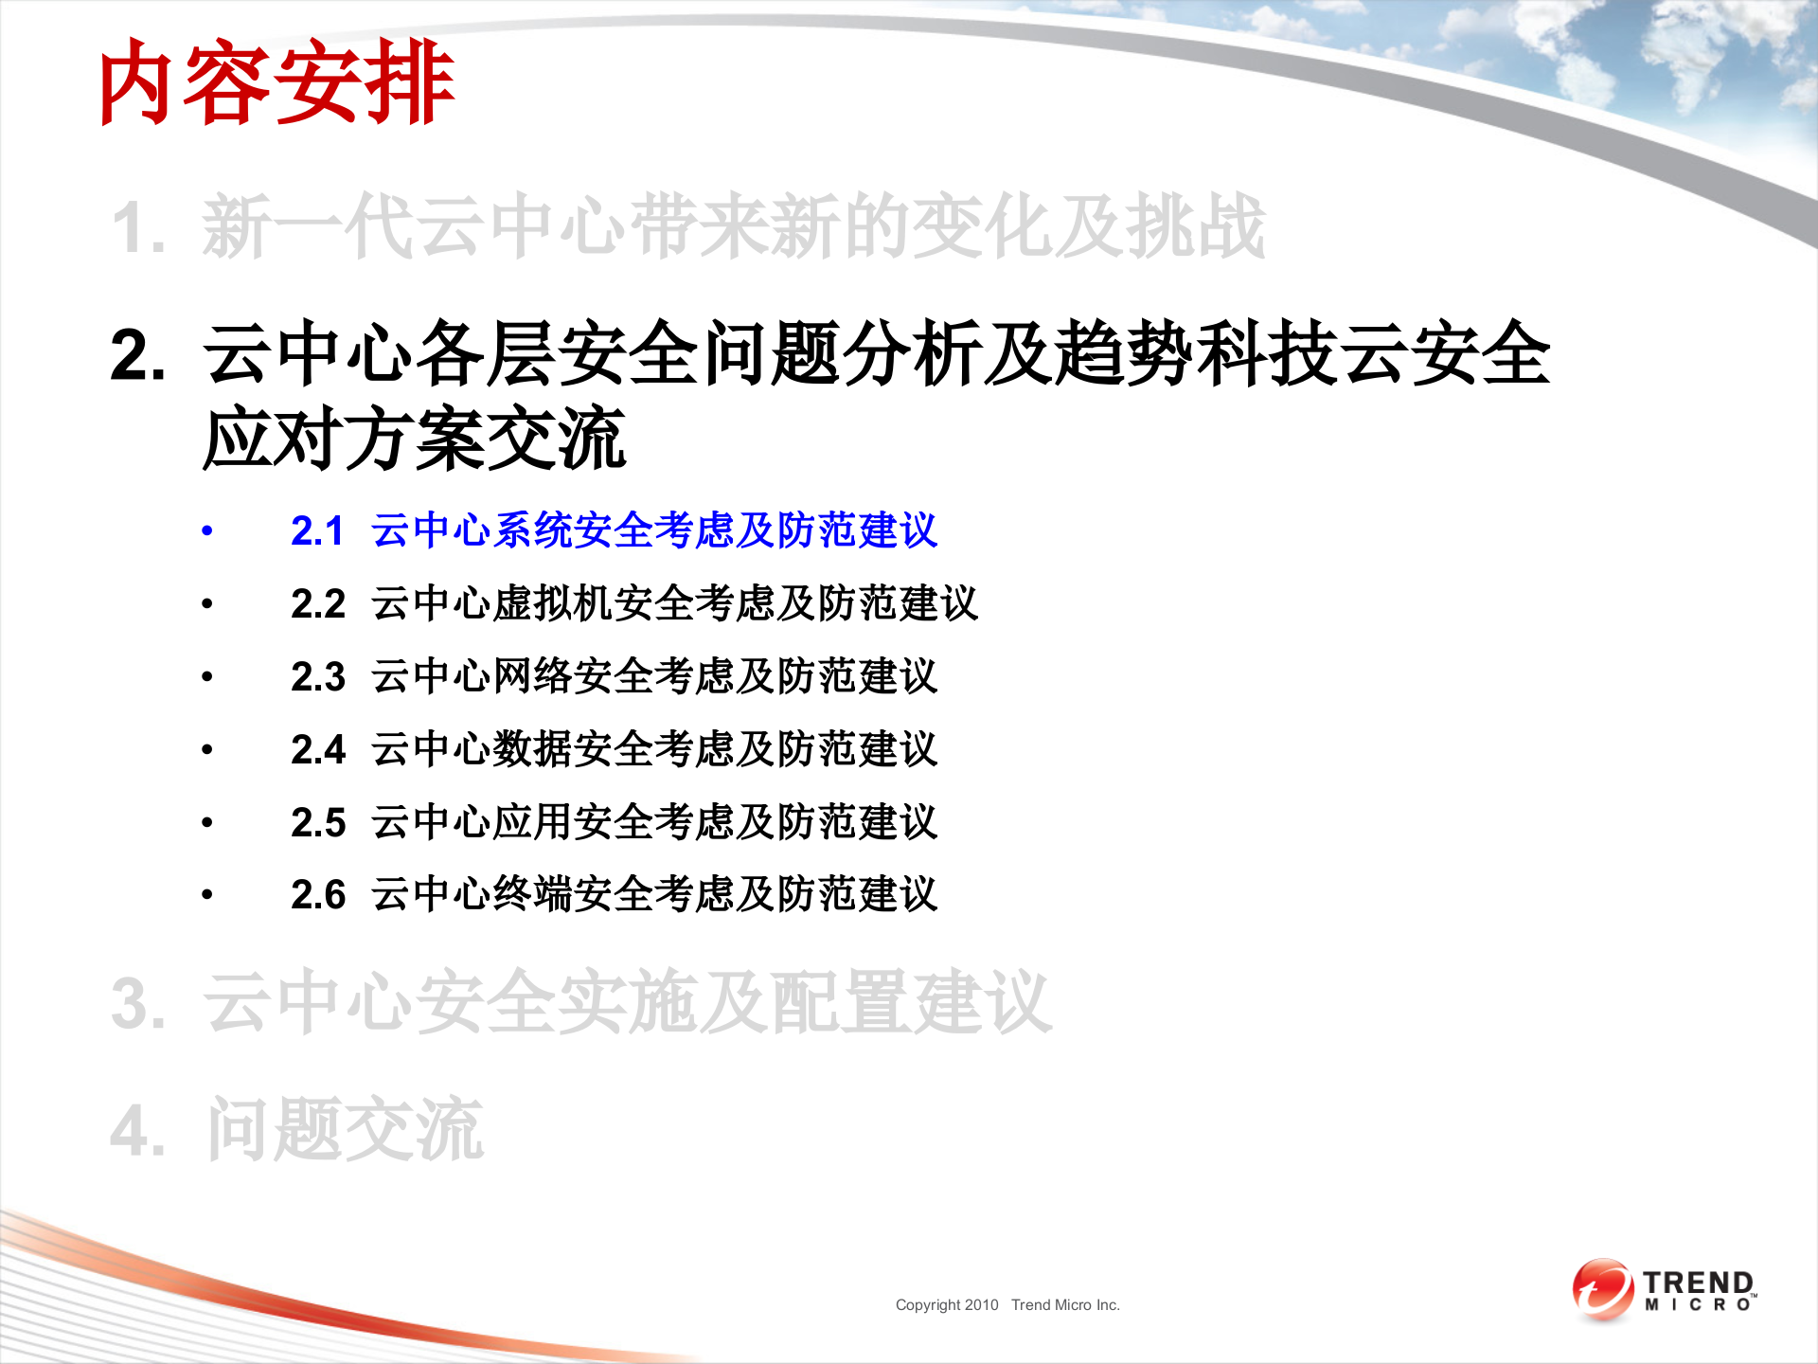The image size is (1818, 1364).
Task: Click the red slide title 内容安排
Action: click(276, 83)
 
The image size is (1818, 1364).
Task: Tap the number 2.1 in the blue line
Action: click(317, 531)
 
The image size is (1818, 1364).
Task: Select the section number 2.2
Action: click(317, 604)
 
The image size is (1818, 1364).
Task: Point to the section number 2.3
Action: click(317, 677)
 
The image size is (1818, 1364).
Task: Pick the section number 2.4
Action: click(317, 750)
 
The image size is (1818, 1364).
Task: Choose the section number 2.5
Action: click(317, 823)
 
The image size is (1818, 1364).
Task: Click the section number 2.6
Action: click(317, 895)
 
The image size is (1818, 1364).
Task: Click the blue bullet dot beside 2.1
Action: click(207, 531)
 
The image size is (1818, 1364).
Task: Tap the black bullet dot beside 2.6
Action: click(207, 895)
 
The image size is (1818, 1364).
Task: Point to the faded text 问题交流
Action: click(346, 1129)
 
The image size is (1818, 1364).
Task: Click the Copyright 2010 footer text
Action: click(947, 1305)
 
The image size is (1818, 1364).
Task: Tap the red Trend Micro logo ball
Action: click(1602, 1289)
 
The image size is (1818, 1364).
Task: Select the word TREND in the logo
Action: click(1699, 1283)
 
